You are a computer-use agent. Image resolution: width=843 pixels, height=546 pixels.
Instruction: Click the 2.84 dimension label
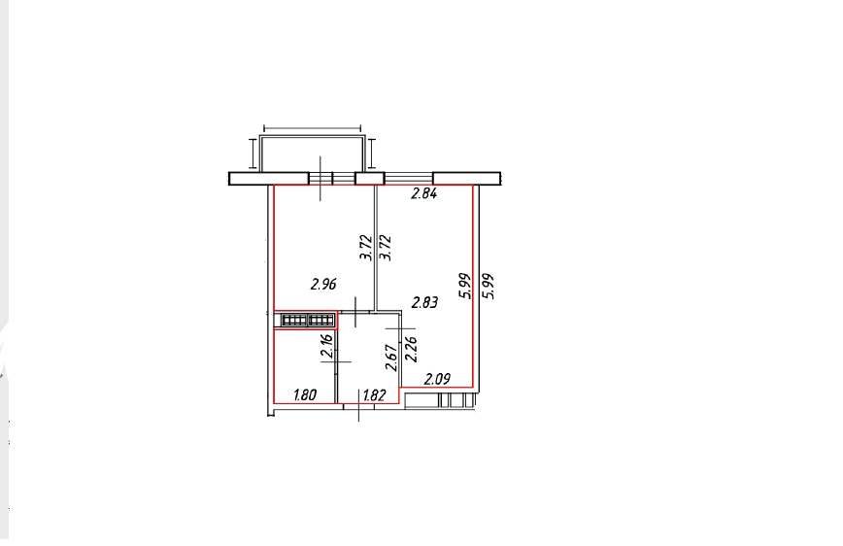point(423,193)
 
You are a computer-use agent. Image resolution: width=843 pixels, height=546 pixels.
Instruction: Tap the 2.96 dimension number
point(323,284)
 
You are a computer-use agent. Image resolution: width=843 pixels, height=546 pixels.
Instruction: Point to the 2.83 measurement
point(424,302)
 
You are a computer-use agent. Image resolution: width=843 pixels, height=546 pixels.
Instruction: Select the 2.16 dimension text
point(327,346)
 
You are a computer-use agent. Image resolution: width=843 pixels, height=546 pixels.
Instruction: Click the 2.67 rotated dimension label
point(392,358)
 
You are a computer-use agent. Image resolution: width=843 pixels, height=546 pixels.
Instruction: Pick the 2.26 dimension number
point(411,349)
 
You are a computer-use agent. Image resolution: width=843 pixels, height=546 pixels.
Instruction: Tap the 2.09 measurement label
point(437,379)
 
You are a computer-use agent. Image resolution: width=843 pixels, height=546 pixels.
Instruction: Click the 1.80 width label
point(305,395)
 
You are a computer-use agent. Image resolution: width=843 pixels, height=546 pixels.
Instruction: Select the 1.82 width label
point(374,396)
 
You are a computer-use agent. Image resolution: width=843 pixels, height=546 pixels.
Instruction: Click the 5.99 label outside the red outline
point(489,287)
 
